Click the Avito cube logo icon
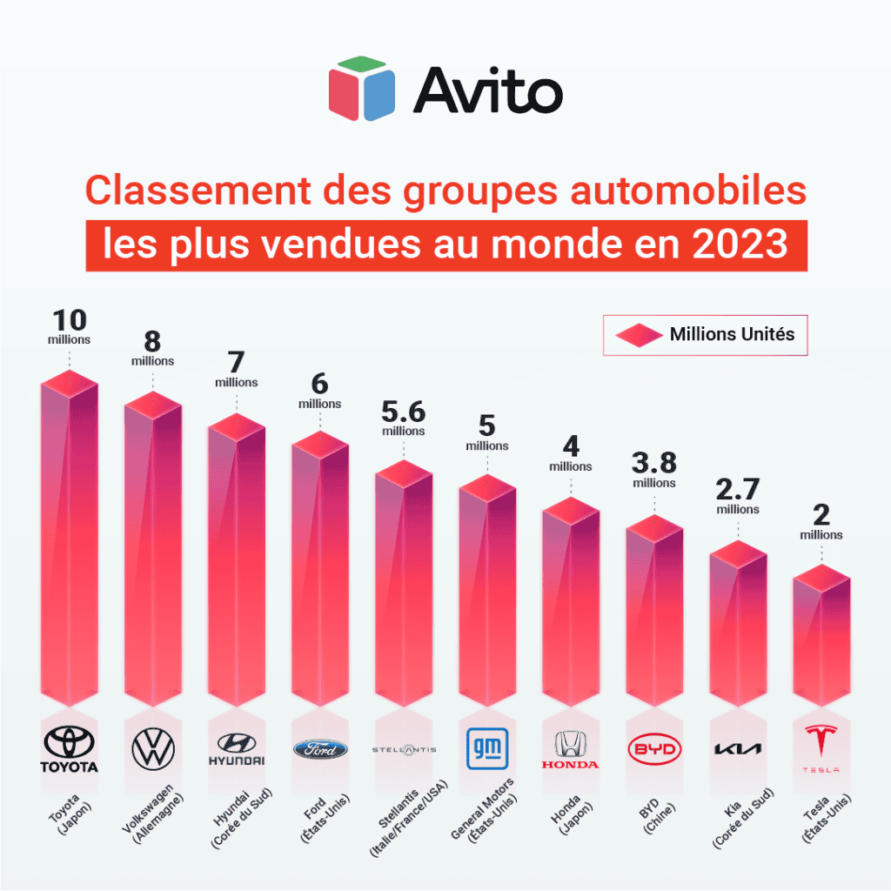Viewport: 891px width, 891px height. coord(363,89)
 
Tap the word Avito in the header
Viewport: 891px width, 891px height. coord(487,90)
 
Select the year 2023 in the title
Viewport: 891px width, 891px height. coord(740,245)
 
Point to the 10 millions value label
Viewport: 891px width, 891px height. coord(70,326)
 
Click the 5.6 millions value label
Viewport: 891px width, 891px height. coord(404,418)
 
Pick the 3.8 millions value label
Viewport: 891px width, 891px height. coord(654,470)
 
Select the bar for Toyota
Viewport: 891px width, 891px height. coord(70,539)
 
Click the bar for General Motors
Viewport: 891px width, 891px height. coord(487,592)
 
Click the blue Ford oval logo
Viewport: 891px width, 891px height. coord(320,749)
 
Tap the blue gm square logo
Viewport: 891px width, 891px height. coord(487,748)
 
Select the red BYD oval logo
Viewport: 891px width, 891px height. coord(654,749)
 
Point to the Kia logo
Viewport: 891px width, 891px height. coord(738,749)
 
